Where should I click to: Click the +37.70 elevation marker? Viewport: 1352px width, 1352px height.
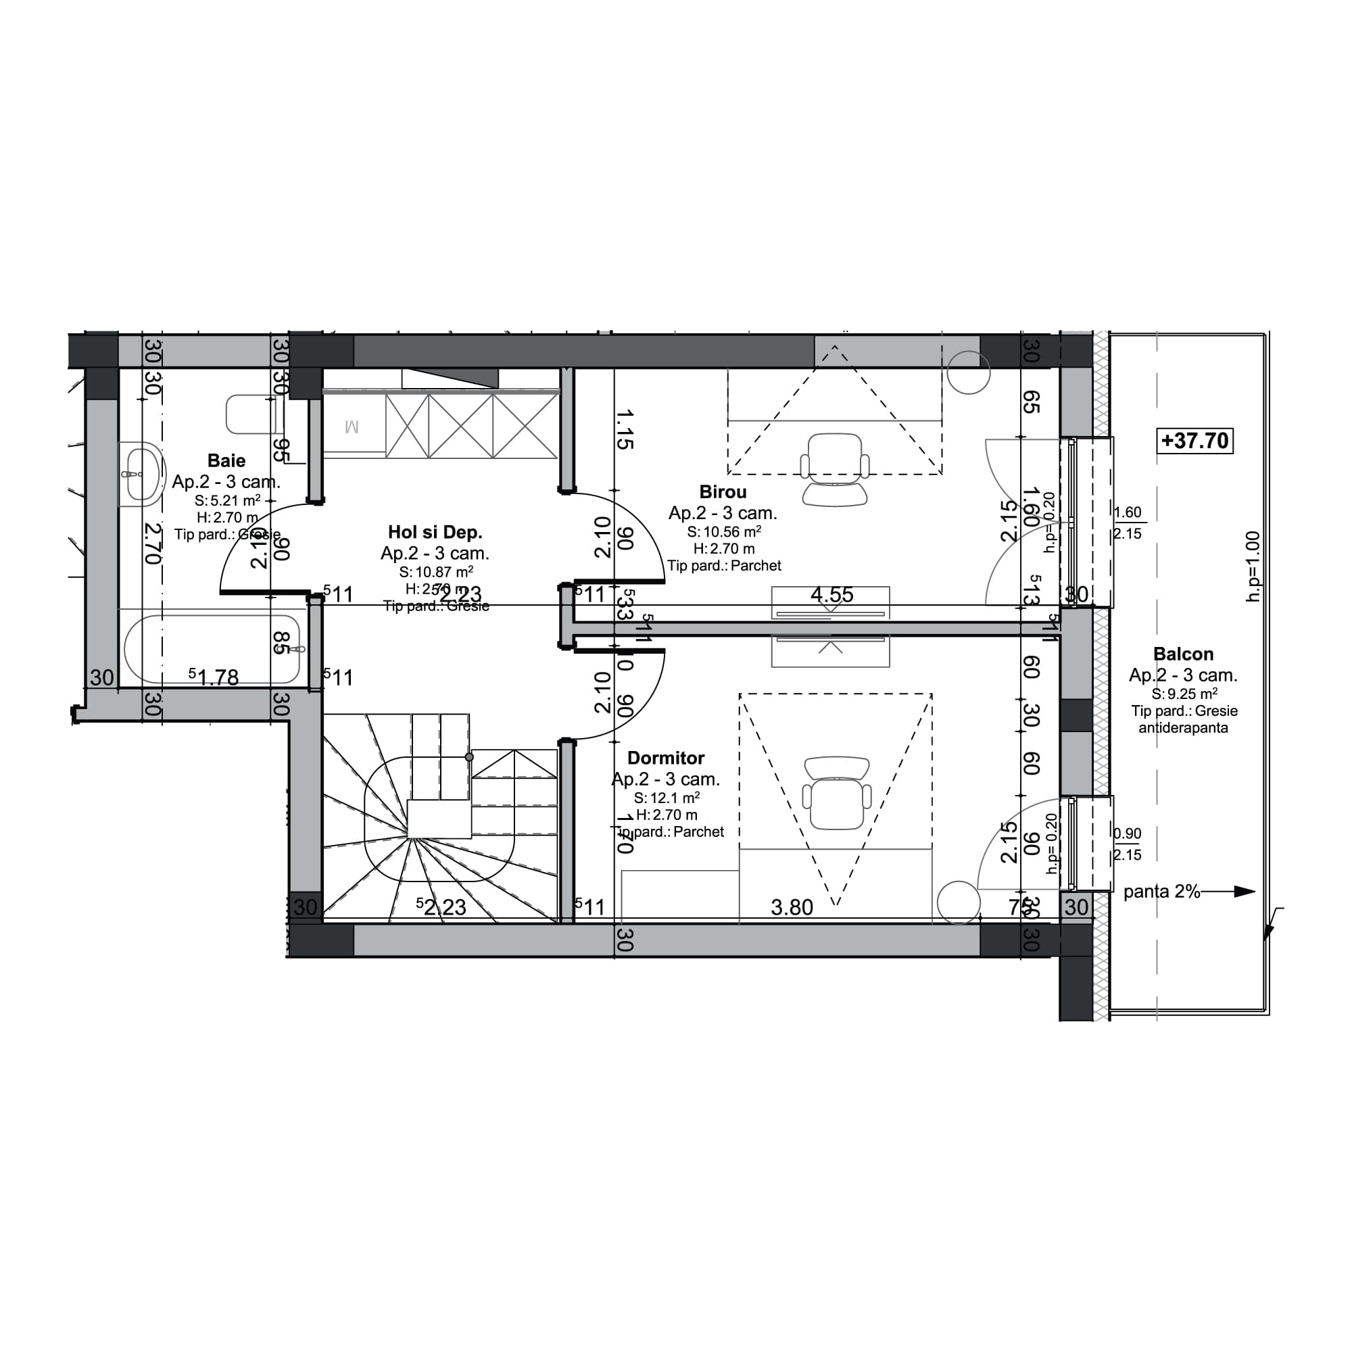(x=1194, y=441)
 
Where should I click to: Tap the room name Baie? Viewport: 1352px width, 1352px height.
(x=226, y=460)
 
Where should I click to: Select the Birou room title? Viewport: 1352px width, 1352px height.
(x=722, y=492)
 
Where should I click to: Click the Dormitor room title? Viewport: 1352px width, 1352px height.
(x=665, y=758)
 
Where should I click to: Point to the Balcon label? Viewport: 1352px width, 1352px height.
(x=1182, y=654)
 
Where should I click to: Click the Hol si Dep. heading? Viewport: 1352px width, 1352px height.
(x=435, y=533)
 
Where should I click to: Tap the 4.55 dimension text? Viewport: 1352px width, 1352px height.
(x=831, y=595)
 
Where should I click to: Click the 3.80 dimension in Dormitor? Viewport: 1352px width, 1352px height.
(x=792, y=908)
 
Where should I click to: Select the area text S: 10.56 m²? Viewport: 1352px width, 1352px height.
(x=723, y=532)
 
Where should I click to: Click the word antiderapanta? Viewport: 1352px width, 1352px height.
(x=1182, y=728)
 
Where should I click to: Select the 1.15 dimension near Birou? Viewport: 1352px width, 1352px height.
(x=624, y=429)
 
